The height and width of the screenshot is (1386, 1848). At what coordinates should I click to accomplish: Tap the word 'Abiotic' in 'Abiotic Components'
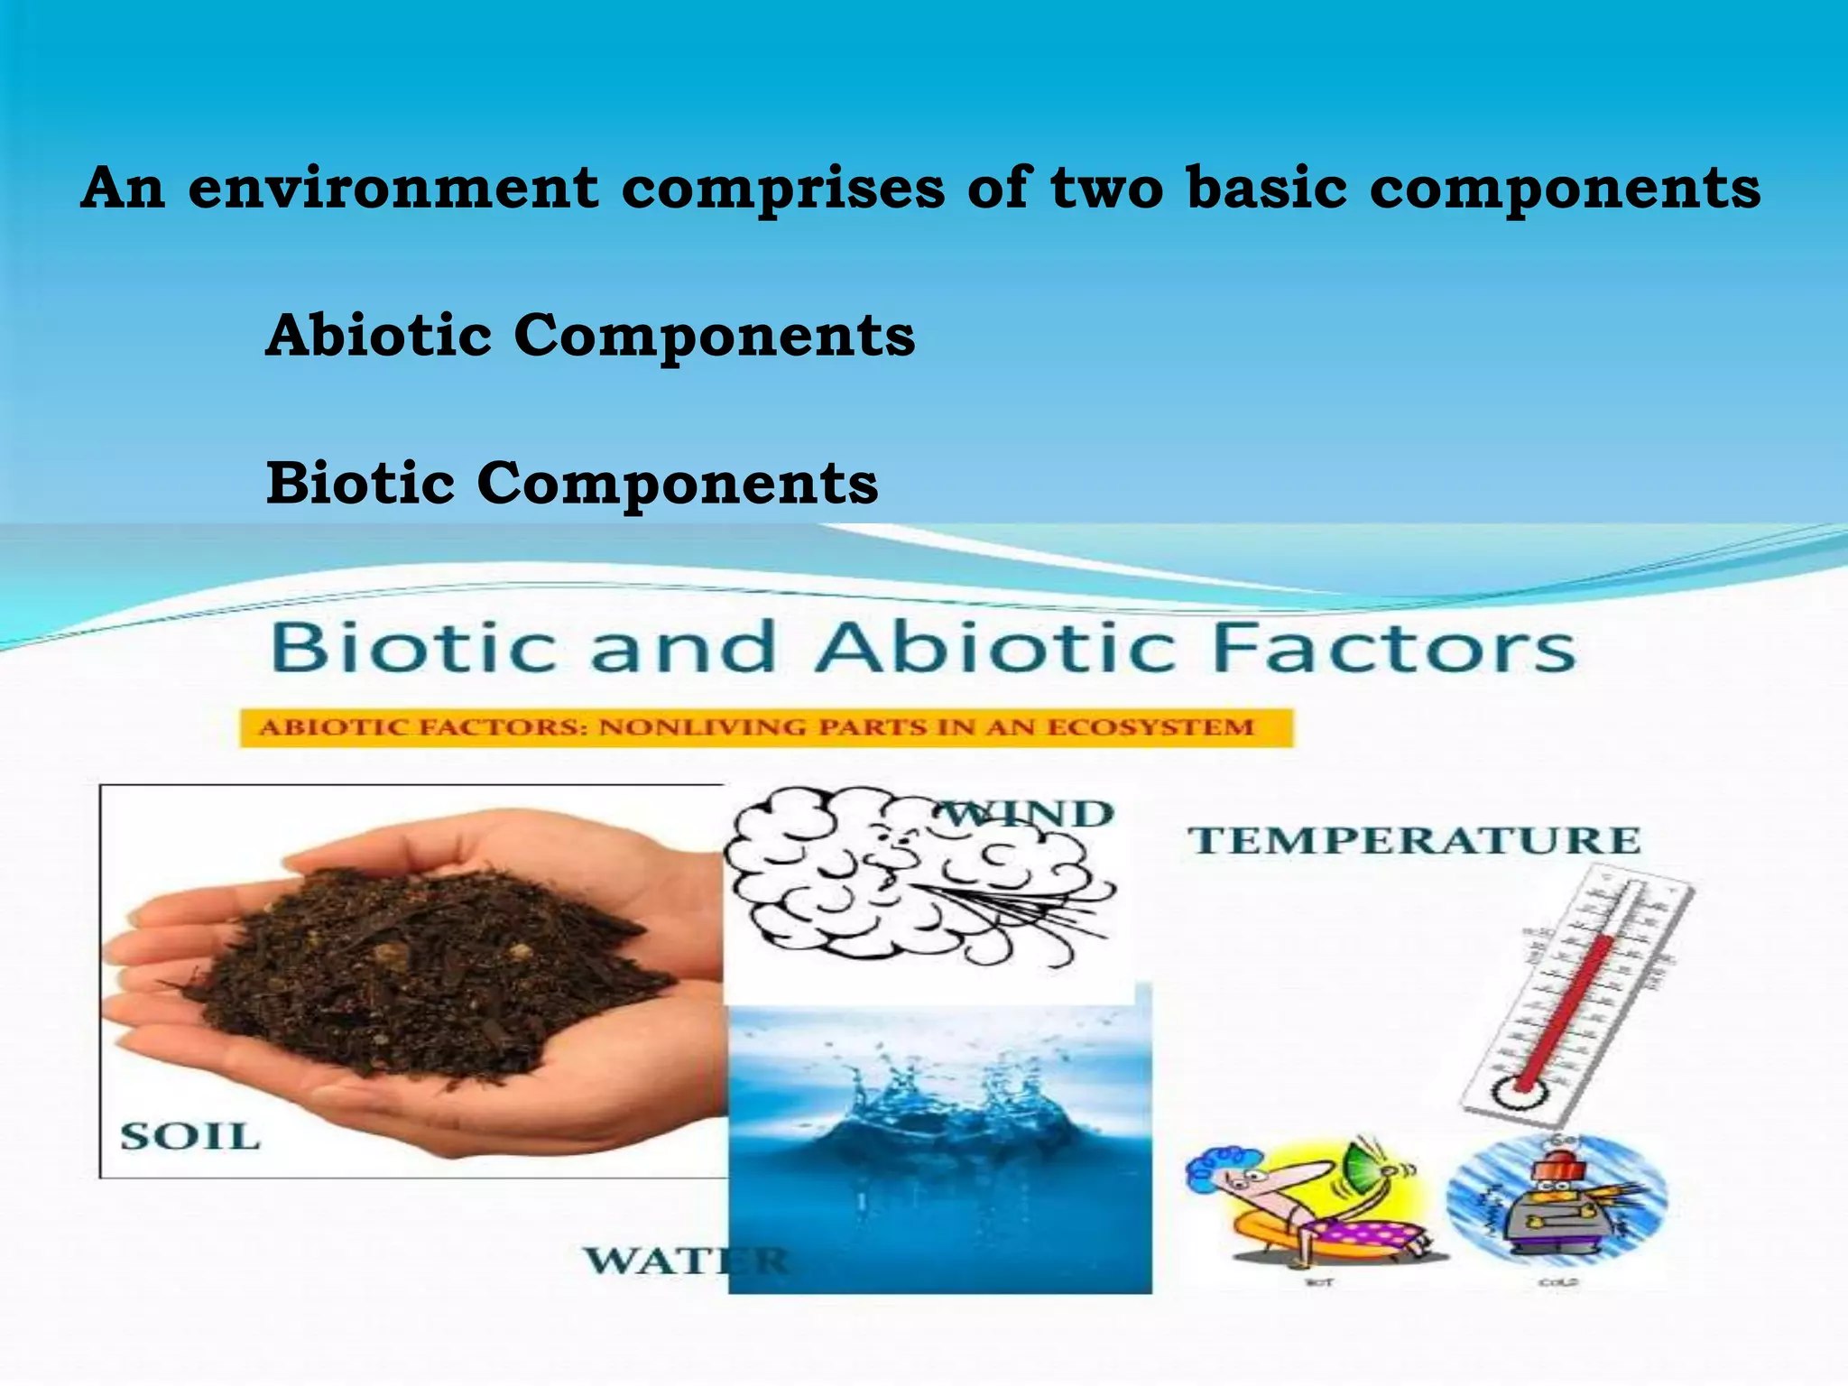379,335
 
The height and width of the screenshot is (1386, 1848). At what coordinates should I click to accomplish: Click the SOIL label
189,1136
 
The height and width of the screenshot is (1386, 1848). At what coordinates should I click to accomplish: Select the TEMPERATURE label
1413,841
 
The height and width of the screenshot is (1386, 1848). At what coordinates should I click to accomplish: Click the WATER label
686,1261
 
